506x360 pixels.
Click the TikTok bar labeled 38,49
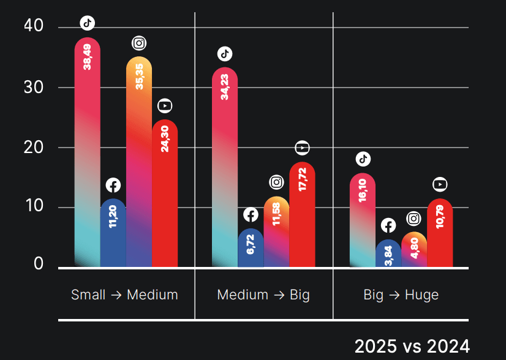(x=87, y=153)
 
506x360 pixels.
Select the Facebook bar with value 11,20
(x=113, y=233)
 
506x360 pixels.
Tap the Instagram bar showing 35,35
(x=139, y=162)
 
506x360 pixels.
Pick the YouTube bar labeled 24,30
(x=165, y=193)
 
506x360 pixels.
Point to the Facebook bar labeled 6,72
(x=251, y=248)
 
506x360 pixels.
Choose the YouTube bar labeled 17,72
(x=302, y=214)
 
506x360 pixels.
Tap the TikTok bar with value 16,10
(x=363, y=220)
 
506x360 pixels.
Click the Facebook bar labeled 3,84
(x=388, y=253)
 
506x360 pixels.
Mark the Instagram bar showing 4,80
(x=414, y=250)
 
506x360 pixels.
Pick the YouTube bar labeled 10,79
(x=440, y=233)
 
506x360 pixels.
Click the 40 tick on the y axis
(x=34, y=26)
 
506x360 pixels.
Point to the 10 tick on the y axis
(x=34, y=206)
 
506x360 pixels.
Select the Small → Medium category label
(x=124, y=294)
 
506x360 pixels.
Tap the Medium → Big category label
(x=263, y=294)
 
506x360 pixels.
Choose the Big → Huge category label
(x=401, y=294)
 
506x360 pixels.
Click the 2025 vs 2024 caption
(x=412, y=346)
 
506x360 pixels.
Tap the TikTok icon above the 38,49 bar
(x=88, y=23)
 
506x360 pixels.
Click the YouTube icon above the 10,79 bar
(x=440, y=184)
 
